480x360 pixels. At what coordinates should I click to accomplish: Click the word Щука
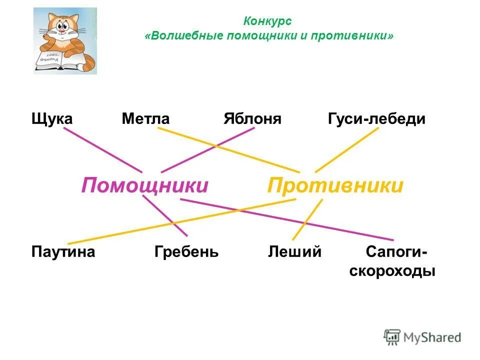click(x=52, y=119)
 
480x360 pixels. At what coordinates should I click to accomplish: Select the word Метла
click(x=145, y=119)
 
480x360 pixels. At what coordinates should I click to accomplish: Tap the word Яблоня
click(x=252, y=119)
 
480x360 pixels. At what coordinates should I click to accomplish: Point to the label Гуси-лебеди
click(x=376, y=119)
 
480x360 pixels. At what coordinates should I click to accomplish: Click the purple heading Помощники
click(x=144, y=185)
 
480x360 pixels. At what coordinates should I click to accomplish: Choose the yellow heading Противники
click(x=335, y=185)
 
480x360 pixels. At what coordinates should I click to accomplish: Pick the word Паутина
click(x=63, y=251)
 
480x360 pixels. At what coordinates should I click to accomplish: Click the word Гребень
click(x=186, y=251)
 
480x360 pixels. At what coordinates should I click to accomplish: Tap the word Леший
click(x=294, y=251)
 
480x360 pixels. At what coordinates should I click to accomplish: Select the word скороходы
click(x=392, y=271)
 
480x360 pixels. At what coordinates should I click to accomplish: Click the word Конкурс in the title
click(x=267, y=21)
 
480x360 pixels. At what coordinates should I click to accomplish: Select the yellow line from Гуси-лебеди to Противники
click(x=347, y=149)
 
